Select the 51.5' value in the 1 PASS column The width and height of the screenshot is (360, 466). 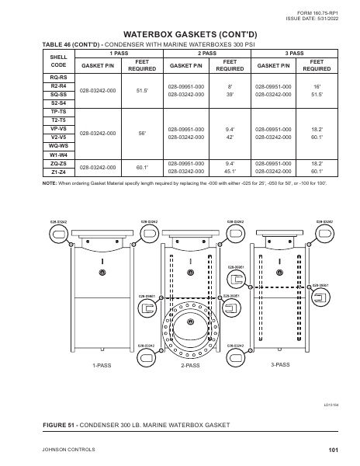pyautogui.click(x=142, y=91)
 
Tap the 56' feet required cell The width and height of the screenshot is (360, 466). pyautogui.click(x=142, y=133)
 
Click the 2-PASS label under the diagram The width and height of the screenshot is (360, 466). pyautogui.click(x=190, y=364)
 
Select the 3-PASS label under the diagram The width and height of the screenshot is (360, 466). pyautogui.click(x=281, y=363)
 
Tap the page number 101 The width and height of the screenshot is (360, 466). pyautogui.click(x=333, y=450)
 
